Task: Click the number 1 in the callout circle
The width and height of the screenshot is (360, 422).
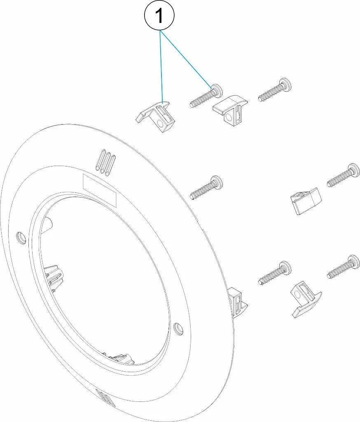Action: point(160,16)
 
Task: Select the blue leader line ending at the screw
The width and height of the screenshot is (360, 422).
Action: point(185,59)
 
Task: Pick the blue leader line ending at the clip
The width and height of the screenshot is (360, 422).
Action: point(161,66)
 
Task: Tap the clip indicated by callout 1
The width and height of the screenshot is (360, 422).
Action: point(155,116)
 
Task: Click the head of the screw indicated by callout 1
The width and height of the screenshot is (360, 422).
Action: point(217,91)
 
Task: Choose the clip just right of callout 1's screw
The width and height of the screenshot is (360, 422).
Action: point(230,108)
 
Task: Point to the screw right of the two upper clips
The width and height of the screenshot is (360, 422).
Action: point(274,89)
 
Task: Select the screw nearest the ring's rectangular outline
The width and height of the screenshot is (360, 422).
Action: point(206,188)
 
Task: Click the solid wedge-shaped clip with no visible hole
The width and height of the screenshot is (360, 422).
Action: point(306,201)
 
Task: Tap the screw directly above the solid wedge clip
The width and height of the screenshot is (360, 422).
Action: point(344,175)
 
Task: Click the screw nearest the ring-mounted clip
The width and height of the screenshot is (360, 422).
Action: point(274,273)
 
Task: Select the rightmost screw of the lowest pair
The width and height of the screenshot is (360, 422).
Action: point(344,267)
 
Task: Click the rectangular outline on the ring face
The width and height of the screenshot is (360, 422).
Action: point(100,190)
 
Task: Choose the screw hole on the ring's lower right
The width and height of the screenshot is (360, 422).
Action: point(178,328)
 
